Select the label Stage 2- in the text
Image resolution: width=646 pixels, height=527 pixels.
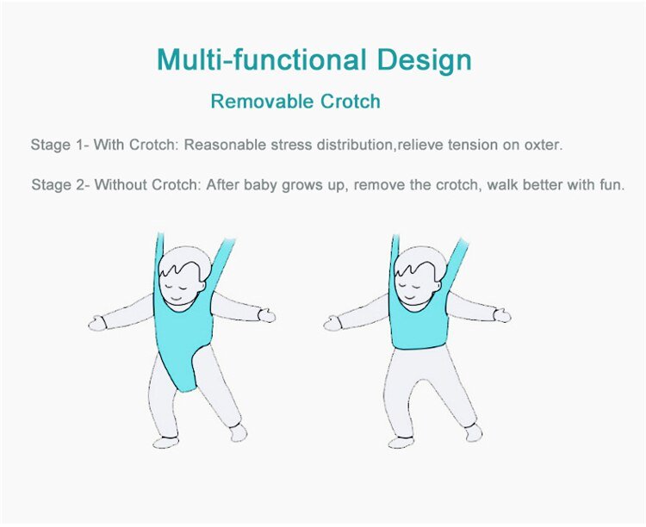(61, 185)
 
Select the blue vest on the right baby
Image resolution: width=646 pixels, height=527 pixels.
(421, 323)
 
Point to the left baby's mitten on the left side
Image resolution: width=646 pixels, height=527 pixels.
(96, 324)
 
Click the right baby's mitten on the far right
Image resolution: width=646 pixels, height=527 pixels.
(502, 316)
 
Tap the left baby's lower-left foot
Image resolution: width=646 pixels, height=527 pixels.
(165, 442)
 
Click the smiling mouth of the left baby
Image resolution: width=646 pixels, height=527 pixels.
(176, 300)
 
